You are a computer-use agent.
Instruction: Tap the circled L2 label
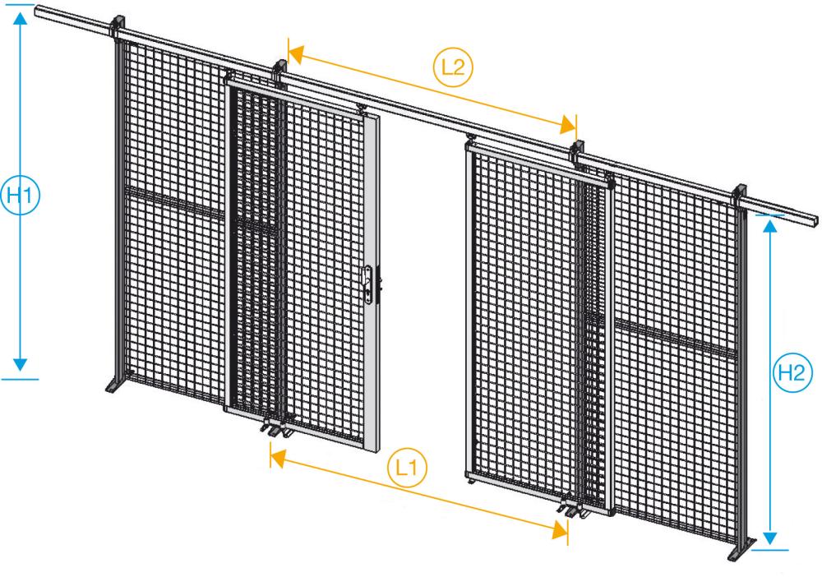452,67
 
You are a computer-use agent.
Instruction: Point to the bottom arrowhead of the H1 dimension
21,362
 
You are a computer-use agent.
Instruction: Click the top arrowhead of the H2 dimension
770,224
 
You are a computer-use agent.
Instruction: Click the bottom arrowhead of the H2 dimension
770,538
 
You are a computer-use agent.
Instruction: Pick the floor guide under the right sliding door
572,510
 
